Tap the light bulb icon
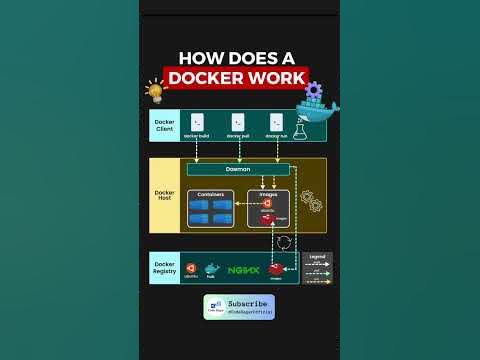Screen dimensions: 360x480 (154, 91)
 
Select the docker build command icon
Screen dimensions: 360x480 (197, 123)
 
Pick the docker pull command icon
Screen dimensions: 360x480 (238, 123)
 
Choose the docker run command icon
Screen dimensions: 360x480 (276, 123)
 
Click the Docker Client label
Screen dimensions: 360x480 (164, 126)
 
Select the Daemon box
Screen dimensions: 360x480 (238, 169)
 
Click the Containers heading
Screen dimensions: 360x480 (211, 194)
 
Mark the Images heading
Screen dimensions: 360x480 (267, 194)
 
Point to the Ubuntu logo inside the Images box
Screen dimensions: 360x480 (267, 204)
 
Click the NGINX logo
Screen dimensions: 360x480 (243, 269)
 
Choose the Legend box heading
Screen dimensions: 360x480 (316, 256)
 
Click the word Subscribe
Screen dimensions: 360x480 (247, 302)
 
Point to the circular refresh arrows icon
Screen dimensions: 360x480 (283, 242)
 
